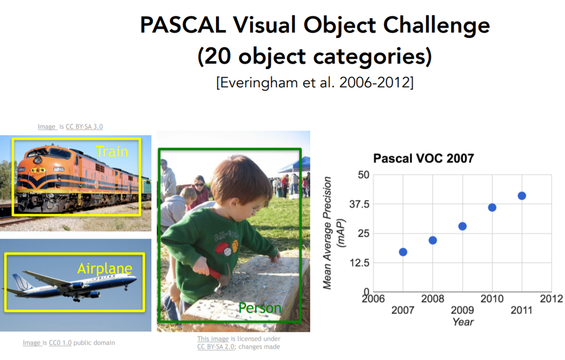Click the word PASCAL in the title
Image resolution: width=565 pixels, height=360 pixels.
tap(183, 25)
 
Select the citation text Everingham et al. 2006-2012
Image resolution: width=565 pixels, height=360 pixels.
tap(315, 82)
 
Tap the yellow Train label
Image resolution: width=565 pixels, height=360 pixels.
tap(112, 152)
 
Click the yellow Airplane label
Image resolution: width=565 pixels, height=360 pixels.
tap(105, 268)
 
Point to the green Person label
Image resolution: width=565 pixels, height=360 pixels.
tap(260, 308)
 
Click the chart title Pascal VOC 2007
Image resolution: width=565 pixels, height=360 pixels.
tap(424, 158)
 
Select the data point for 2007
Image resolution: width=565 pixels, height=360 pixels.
tap(403, 252)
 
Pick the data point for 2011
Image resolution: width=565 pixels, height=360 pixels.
tap(522, 196)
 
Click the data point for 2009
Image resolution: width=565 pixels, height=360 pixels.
tap(462, 226)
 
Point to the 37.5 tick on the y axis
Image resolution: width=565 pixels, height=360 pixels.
tap(359, 204)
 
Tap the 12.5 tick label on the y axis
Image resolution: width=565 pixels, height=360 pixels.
tap(359, 263)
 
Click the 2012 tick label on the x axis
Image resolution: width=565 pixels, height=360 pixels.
tap(551, 299)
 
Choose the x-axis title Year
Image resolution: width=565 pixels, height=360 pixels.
tap(463, 322)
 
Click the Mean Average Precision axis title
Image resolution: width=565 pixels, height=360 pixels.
tap(327, 233)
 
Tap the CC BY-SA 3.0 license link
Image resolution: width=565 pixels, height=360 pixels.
tap(84, 126)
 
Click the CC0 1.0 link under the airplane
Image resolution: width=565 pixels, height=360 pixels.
tap(60, 343)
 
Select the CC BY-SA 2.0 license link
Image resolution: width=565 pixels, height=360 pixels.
tap(215, 347)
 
